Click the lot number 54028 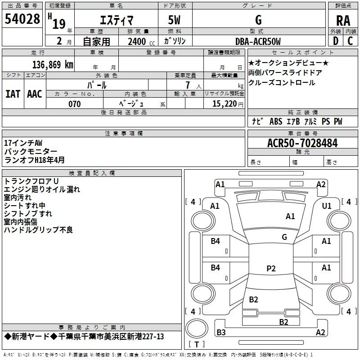point(22,20)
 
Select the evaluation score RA point(343,20)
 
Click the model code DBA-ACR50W point(258,42)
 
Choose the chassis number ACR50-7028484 point(302,143)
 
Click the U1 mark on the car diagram point(327,206)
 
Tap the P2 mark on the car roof point(271,269)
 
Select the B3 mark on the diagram point(221,333)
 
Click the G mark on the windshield point(284,237)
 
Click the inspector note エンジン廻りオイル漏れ point(42,189)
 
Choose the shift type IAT point(13,94)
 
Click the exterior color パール point(96,85)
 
